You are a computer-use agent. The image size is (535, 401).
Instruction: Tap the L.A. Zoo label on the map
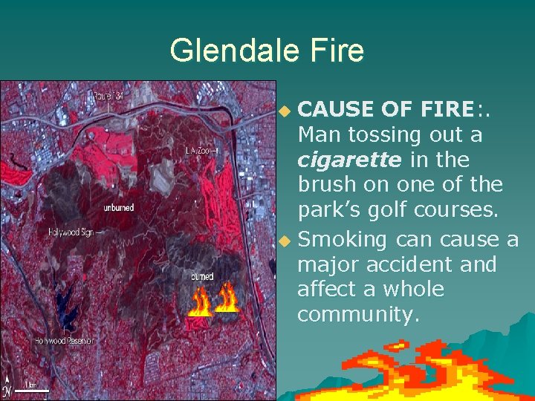(200, 150)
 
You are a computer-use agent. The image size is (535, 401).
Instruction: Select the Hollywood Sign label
(72, 232)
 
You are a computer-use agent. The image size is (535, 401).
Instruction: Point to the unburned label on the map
(118, 208)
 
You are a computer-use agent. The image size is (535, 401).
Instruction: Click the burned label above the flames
(201, 276)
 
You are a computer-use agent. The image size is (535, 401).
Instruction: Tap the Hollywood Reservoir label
(64, 341)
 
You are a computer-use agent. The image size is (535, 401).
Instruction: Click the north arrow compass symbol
(7, 386)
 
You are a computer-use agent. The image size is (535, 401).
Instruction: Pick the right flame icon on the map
(226, 299)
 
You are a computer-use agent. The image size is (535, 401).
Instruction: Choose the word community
(358, 315)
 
